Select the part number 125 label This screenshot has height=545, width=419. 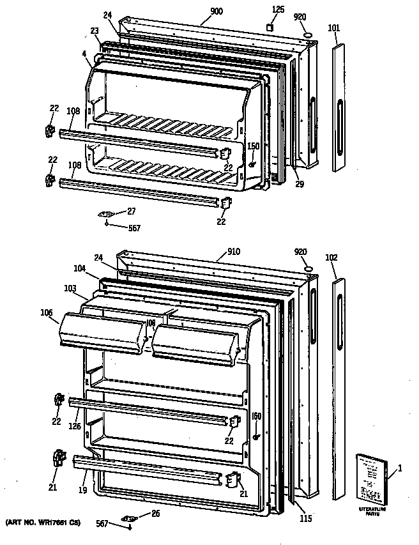coord(278,9)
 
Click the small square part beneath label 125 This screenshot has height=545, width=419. coord(270,28)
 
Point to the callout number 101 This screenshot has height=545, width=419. coord(334,27)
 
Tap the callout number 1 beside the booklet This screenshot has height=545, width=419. coord(400,470)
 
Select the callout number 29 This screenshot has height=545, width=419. coord(299,184)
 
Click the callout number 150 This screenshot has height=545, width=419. coord(254,146)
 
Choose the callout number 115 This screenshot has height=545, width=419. coord(306,518)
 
